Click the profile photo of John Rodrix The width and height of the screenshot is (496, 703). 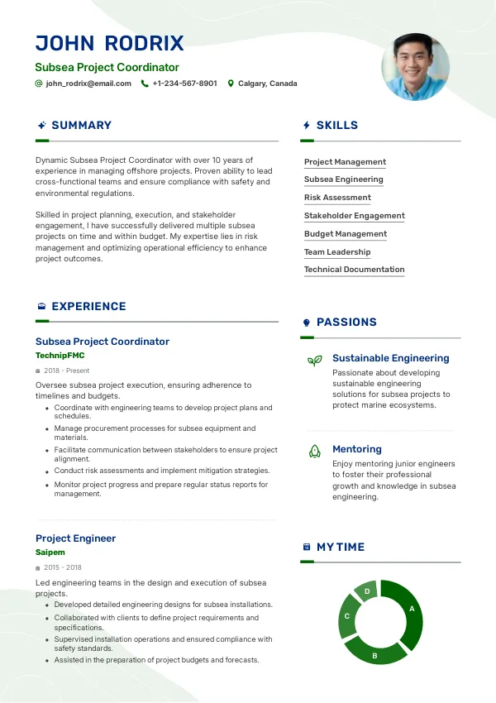coord(415,67)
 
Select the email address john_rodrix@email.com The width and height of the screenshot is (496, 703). coord(88,84)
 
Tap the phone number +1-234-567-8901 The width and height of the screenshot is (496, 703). coord(184,84)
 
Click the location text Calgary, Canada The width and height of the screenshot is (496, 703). coord(267,84)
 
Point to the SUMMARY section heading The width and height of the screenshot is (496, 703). coord(81,126)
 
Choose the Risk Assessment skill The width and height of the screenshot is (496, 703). coord(337,198)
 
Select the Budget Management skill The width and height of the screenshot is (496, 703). coord(345,234)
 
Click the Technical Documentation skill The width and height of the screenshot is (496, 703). coord(354,270)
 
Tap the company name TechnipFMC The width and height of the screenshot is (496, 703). coord(60,356)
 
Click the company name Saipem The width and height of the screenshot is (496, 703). coord(50,552)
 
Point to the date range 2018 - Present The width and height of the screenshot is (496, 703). coord(67,371)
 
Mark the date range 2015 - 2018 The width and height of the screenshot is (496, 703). coord(63,567)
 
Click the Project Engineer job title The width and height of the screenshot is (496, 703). coord(75,538)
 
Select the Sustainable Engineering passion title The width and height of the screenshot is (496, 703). coord(390,358)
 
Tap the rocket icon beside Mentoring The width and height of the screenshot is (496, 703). coord(314,451)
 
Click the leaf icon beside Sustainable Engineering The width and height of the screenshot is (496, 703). coord(314,361)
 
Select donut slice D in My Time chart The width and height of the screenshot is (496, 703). coord(366,591)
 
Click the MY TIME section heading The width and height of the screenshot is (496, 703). coord(340,548)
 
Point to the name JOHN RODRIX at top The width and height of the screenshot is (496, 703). coord(110,44)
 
